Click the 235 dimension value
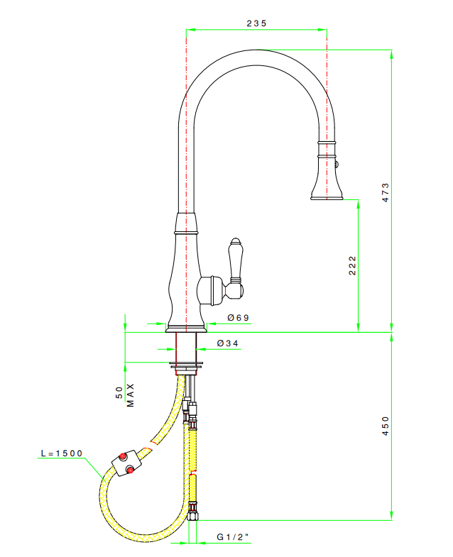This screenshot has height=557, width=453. click(256, 23)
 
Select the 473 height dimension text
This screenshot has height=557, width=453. click(386, 192)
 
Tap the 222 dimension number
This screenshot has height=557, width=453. click(352, 265)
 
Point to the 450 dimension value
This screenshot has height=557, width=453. click(386, 426)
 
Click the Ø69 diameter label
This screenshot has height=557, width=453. click(239, 318)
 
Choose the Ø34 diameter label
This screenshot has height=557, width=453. click(228, 343)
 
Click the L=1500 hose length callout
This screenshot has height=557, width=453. click(62, 453)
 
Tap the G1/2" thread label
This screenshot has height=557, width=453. click(233, 536)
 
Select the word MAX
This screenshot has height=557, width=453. click(131, 395)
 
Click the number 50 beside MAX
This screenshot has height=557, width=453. click(119, 392)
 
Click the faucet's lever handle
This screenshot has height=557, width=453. click(235, 261)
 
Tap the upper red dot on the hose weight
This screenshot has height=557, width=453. click(123, 456)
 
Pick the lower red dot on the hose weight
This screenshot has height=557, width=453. click(130, 470)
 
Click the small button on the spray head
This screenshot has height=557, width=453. click(337, 164)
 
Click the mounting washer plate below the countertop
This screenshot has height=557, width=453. click(186, 364)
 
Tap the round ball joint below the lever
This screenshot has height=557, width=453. click(235, 291)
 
